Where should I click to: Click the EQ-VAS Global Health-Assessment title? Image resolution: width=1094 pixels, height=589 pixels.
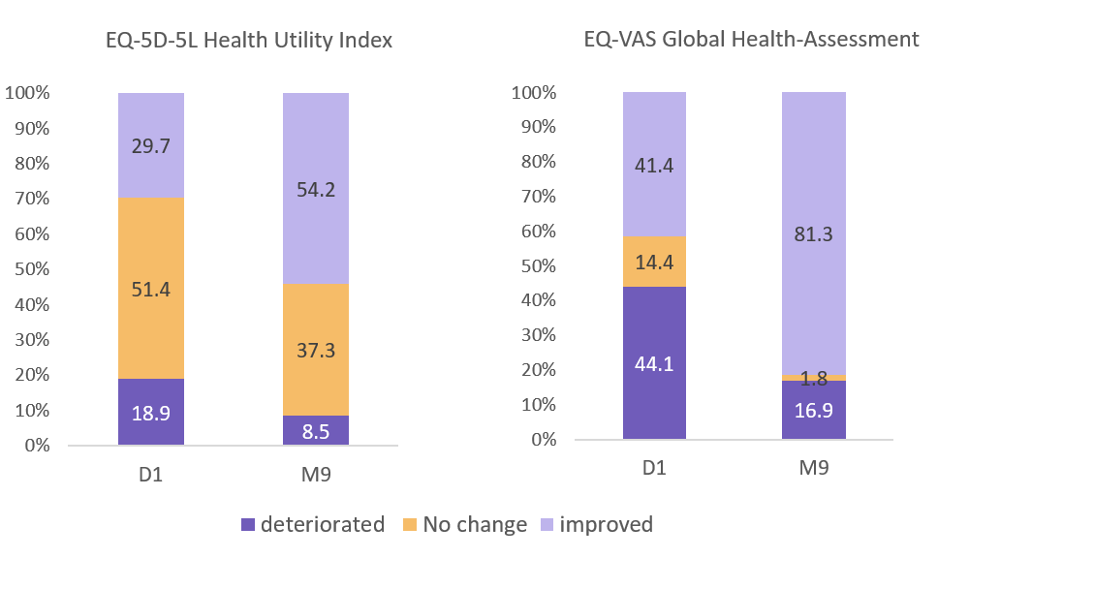(751, 40)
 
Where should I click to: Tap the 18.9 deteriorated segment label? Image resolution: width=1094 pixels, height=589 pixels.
(151, 413)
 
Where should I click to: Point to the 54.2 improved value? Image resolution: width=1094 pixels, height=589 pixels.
(316, 190)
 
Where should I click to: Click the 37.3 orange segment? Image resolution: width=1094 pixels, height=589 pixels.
(316, 351)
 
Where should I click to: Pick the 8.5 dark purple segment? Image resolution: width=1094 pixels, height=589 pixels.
(316, 431)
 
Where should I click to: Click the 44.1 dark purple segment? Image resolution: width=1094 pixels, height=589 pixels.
(654, 363)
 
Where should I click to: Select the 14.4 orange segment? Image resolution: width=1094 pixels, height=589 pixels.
(654, 262)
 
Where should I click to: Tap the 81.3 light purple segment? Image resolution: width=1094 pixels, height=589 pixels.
(814, 233)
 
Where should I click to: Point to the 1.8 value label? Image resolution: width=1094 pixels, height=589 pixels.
(814, 378)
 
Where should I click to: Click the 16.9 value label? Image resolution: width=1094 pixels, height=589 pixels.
(814, 409)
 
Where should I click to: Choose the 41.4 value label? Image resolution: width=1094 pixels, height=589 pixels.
(654, 164)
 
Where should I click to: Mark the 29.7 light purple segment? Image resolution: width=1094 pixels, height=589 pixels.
(151, 145)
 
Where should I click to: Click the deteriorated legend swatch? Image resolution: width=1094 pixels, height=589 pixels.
(249, 525)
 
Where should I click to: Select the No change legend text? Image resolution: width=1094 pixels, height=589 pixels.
(476, 525)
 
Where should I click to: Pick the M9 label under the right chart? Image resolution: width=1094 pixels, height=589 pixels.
(814, 468)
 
